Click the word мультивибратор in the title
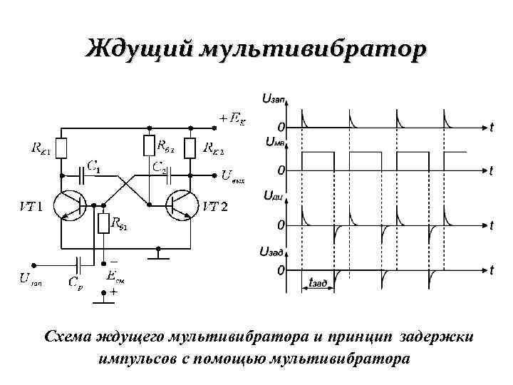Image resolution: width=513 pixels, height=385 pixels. point(313,50)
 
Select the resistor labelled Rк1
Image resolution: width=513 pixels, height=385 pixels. point(62,148)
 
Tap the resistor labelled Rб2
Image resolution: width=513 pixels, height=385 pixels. point(149,146)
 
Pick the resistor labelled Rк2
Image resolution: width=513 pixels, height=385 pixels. point(190,148)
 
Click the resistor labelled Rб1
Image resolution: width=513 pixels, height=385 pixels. point(105,223)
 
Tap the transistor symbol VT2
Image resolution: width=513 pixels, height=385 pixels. point(180,205)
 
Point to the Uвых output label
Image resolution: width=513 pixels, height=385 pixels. point(233,175)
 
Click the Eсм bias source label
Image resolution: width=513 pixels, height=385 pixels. point(113,276)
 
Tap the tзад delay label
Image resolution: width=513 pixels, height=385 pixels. point(318,283)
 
